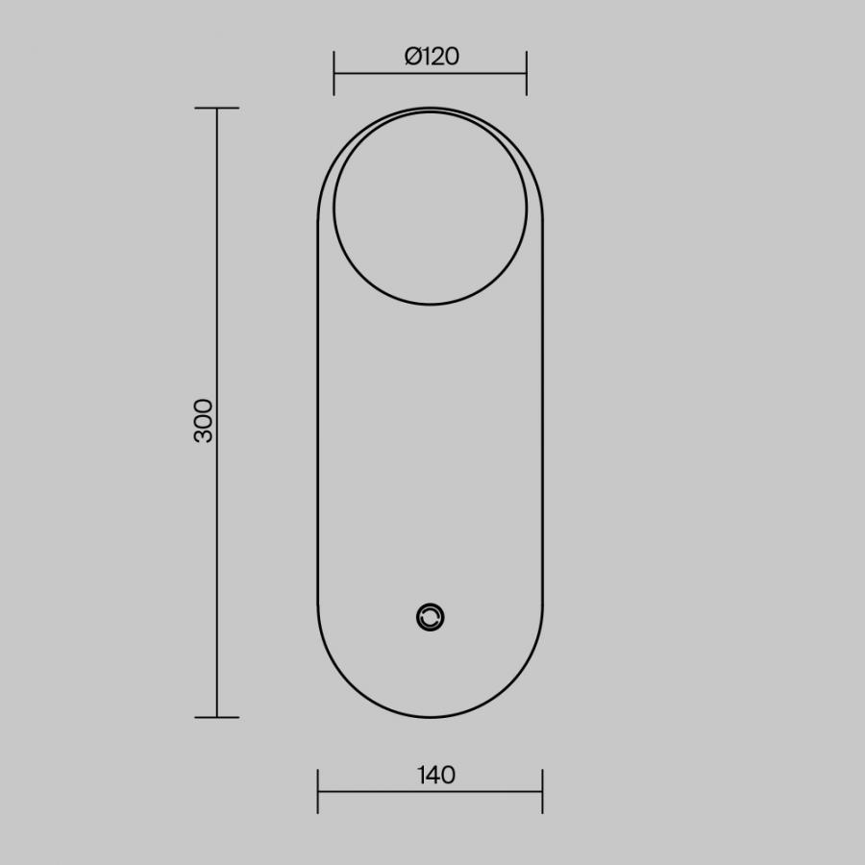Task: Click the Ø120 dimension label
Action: coord(432,57)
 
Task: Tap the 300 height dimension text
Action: coord(204,420)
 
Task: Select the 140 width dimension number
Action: coord(436,775)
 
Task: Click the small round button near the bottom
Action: coord(431,617)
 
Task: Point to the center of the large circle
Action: coord(431,208)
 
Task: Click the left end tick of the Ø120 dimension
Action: coord(334,73)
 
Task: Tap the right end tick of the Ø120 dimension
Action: coord(527,73)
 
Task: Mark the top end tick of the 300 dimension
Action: coord(217,108)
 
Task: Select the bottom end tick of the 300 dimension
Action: coord(217,718)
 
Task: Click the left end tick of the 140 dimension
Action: coord(318,792)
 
